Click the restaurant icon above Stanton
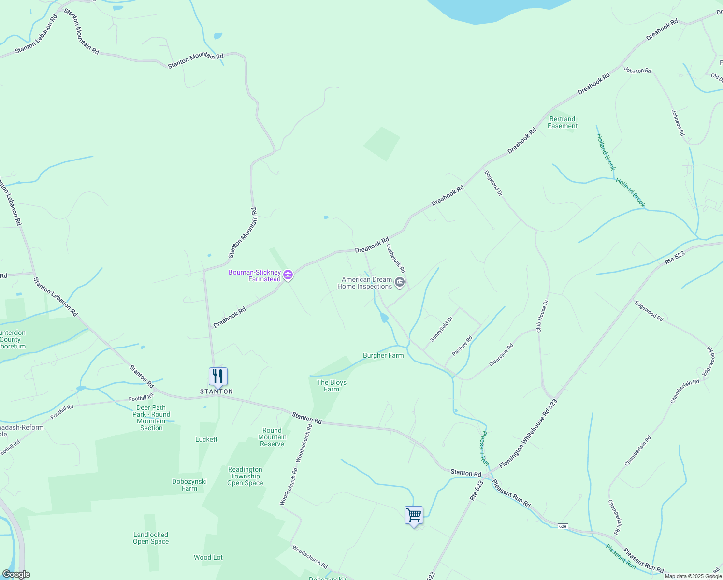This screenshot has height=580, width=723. pyautogui.click(x=218, y=377)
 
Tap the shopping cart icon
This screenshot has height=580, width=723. pyautogui.click(x=414, y=515)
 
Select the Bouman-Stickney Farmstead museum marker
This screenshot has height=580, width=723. pyautogui.click(x=288, y=275)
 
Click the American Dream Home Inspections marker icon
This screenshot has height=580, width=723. pyautogui.click(x=399, y=282)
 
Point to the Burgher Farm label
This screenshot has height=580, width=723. pyautogui.click(x=383, y=355)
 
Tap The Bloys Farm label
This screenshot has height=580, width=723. pyautogui.click(x=332, y=386)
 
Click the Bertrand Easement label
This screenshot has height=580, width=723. pyautogui.click(x=563, y=122)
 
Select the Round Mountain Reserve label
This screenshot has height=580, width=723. pyautogui.click(x=272, y=437)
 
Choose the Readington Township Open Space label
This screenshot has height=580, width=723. pyautogui.click(x=245, y=476)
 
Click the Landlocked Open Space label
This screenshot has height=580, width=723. pyautogui.click(x=151, y=538)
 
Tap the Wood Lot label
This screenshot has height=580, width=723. pyautogui.click(x=208, y=557)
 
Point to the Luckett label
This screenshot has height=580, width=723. pyautogui.click(x=206, y=439)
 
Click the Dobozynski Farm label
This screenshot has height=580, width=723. pyautogui.click(x=189, y=485)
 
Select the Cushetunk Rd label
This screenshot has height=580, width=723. pyautogui.click(x=395, y=258)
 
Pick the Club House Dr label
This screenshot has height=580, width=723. pyautogui.click(x=542, y=316)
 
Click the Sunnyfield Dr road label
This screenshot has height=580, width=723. pyautogui.click(x=442, y=329)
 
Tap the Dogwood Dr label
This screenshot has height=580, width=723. pyautogui.click(x=493, y=183)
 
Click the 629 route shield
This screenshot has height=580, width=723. pyautogui.click(x=562, y=526)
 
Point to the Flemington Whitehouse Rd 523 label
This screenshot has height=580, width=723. pyautogui.click(x=528, y=433)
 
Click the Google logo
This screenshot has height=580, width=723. pyautogui.click(x=16, y=574)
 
